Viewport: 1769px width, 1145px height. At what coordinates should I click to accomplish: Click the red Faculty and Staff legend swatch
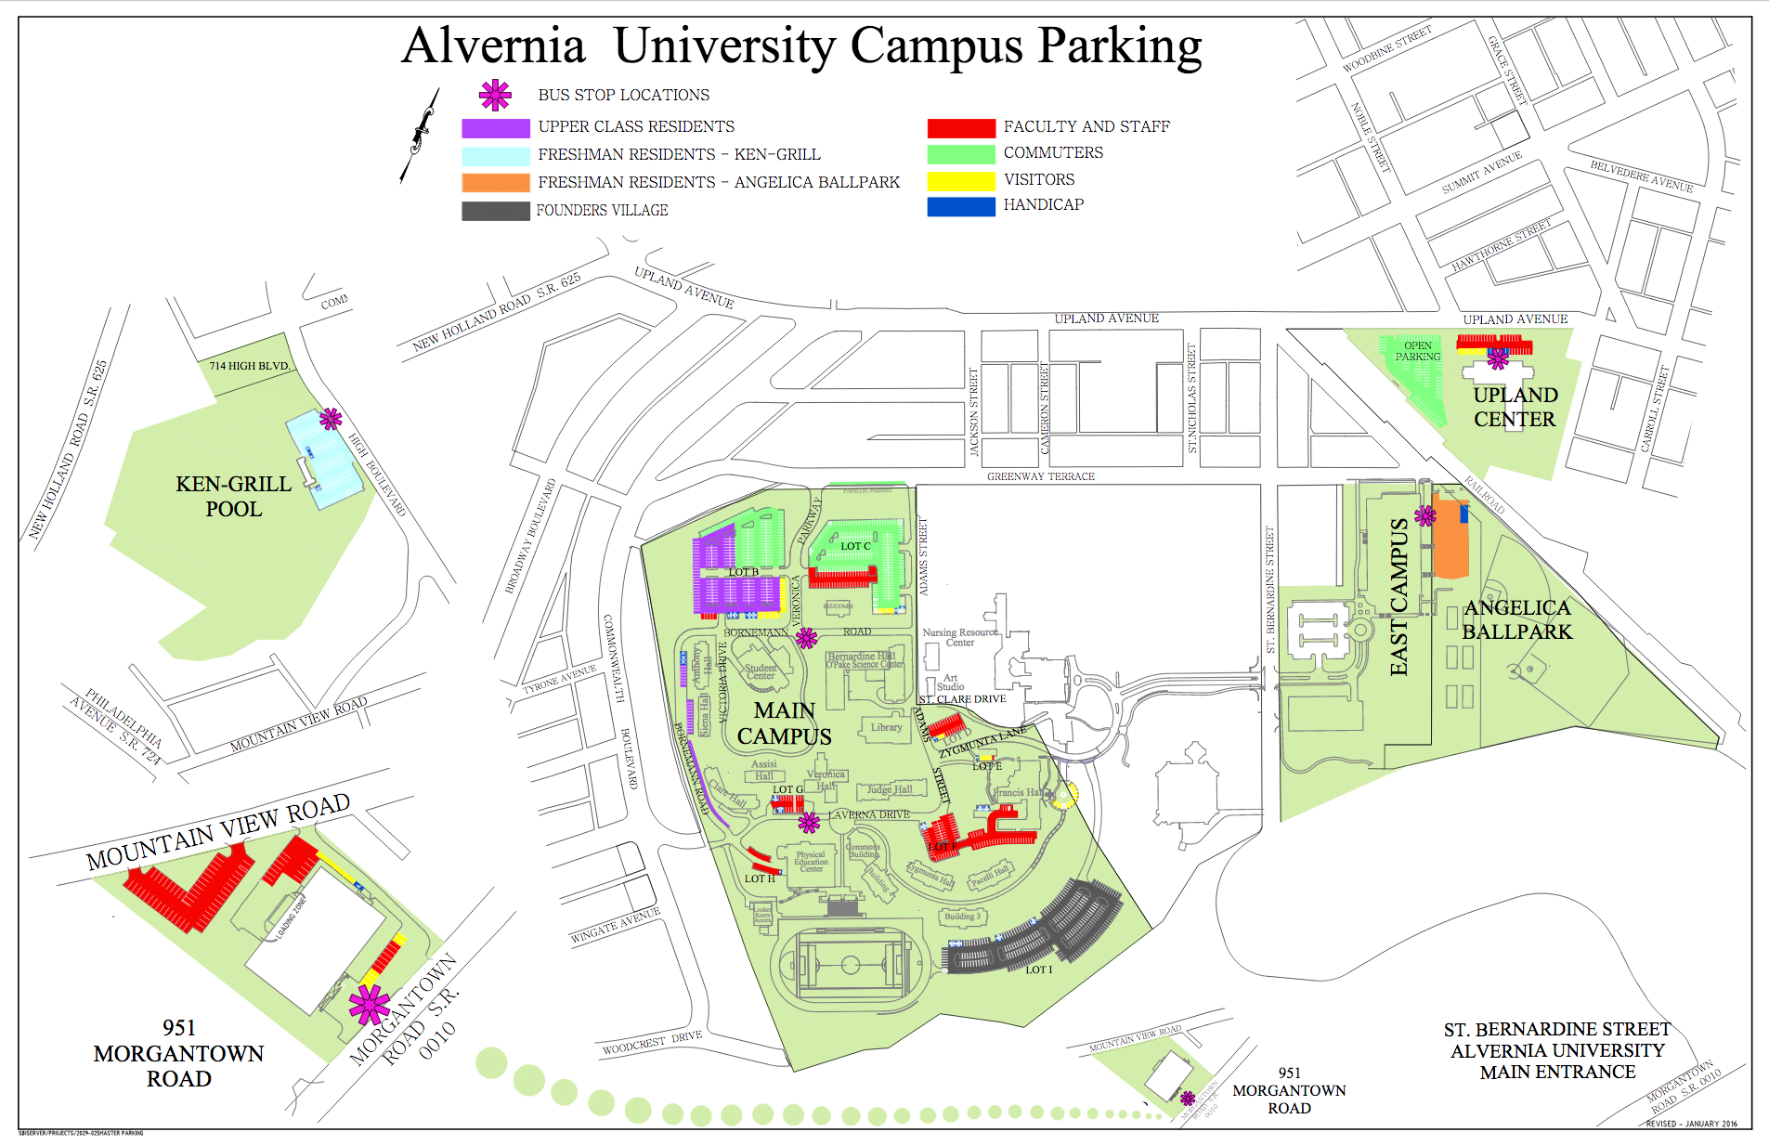click(961, 128)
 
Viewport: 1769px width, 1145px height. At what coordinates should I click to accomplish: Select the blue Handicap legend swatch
click(961, 206)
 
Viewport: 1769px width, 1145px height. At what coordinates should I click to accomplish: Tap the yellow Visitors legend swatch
click(961, 180)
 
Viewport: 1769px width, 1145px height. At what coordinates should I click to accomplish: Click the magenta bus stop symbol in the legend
click(495, 95)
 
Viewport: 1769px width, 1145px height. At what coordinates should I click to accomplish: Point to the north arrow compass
click(420, 136)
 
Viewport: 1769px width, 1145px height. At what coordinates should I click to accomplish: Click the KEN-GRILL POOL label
click(234, 496)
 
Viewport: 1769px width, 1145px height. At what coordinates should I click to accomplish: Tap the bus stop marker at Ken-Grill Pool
click(331, 419)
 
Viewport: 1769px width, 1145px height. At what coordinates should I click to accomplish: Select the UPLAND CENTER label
click(1515, 407)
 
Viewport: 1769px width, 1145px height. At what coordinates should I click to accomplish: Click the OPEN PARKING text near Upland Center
click(1417, 351)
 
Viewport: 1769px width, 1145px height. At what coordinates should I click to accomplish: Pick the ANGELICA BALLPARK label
click(1516, 619)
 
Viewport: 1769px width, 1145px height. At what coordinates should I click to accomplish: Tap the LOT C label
click(855, 546)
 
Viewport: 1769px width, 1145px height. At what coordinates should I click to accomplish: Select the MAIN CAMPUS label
click(784, 723)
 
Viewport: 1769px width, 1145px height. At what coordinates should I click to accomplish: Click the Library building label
click(886, 727)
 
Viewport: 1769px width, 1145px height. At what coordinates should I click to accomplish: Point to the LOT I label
click(1038, 969)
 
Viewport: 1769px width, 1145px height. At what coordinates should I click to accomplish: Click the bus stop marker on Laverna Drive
click(809, 822)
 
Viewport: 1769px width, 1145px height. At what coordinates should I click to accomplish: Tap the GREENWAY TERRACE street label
click(1040, 476)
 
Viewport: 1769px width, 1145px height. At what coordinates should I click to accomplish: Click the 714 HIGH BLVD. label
click(248, 366)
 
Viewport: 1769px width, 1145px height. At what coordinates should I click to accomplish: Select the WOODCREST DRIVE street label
click(652, 1043)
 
